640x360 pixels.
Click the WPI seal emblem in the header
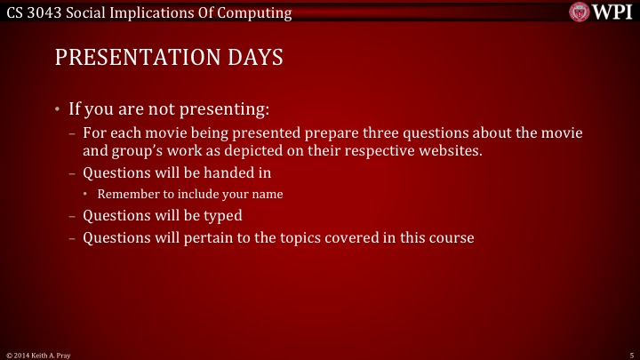pos(580,12)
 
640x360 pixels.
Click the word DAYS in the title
pos(252,59)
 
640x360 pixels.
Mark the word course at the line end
pos(452,237)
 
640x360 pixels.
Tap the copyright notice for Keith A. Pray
pos(39,355)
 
